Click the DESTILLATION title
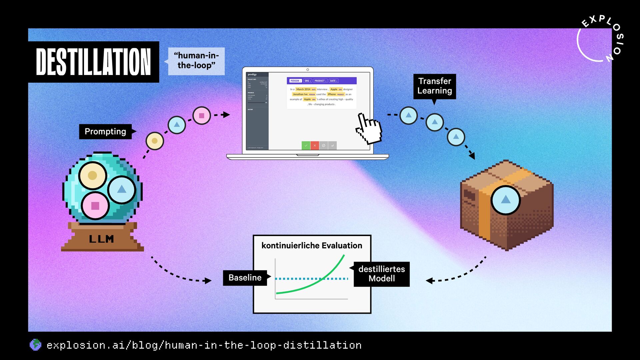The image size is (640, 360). pyautogui.click(x=93, y=62)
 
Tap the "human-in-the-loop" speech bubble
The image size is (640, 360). pyautogui.click(x=196, y=61)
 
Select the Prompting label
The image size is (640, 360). pyautogui.click(x=105, y=131)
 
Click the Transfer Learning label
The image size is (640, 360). pyautogui.click(x=434, y=86)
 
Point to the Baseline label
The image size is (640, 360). pyautogui.click(x=245, y=278)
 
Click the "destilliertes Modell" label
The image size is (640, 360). pyautogui.click(x=382, y=274)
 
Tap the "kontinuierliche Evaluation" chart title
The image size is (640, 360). pyautogui.click(x=312, y=246)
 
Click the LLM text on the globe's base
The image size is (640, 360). pyautogui.click(x=101, y=239)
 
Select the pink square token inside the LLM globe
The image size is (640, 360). pyautogui.click(x=95, y=206)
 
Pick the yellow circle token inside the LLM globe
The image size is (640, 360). pyautogui.click(x=93, y=175)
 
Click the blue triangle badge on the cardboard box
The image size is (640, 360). pyautogui.click(x=506, y=200)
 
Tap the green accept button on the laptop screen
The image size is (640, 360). pyautogui.click(x=306, y=145)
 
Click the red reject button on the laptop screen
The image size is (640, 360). pyautogui.click(x=315, y=145)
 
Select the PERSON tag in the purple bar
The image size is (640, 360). pyautogui.click(x=295, y=81)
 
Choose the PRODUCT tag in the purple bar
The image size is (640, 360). pyautogui.click(x=320, y=81)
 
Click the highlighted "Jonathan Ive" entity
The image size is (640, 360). pyautogui.click(x=300, y=94)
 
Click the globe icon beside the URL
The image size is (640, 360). pyautogui.click(x=35, y=345)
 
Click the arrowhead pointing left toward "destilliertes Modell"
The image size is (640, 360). pyautogui.click(x=429, y=281)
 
